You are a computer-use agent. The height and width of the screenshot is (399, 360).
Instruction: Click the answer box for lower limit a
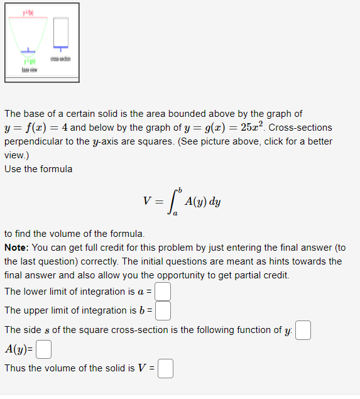pos(163,292)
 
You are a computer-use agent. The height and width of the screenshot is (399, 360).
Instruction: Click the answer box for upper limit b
pos(163,311)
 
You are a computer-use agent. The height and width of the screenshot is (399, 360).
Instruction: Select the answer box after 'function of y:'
pos(303,330)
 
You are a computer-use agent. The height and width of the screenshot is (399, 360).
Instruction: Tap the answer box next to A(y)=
pos(43,349)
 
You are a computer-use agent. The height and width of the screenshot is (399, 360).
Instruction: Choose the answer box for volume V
pos(165,368)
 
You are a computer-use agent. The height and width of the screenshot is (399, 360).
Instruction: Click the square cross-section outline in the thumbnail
pos(61,31)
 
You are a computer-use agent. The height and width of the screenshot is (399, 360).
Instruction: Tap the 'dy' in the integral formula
pos(215,202)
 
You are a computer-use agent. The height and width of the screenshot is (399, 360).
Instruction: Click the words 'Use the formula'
pos(38,168)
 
